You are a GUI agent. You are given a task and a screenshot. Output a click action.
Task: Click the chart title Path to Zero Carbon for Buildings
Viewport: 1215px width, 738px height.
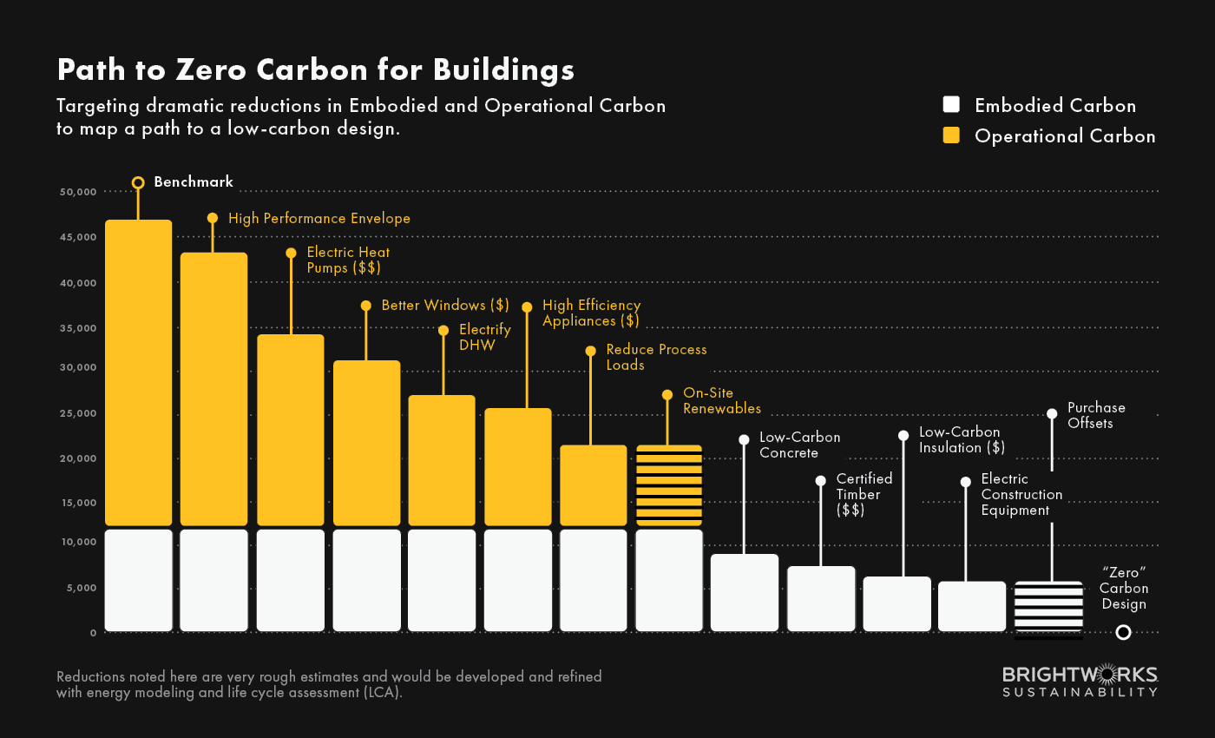point(315,69)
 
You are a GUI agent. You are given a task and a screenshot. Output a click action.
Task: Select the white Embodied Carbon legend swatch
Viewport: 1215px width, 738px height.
point(951,105)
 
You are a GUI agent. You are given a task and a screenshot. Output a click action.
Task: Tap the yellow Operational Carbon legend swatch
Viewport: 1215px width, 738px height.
point(951,135)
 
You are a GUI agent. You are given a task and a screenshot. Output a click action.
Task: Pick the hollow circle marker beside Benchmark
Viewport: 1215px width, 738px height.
point(138,182)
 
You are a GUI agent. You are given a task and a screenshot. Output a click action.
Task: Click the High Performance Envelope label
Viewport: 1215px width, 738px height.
point(319,219)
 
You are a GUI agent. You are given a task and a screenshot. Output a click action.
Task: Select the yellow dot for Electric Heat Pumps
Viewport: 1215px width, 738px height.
point(291,253)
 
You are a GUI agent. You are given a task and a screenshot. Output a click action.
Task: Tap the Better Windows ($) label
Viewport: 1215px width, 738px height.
point(444,306)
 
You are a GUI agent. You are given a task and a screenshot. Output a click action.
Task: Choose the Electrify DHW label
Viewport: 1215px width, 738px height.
point(484,337)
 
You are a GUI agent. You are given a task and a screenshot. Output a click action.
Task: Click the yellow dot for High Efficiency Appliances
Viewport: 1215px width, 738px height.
point(527,307)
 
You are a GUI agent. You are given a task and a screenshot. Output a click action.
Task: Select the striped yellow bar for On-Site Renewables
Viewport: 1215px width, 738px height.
point(668,485)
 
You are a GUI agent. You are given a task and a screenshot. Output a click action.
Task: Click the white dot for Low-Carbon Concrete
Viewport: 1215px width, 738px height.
point(744,439)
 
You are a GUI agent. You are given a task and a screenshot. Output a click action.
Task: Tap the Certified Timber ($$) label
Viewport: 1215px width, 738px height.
point(864,495)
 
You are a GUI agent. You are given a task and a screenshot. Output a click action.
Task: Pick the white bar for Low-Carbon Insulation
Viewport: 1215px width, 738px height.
point(896,604)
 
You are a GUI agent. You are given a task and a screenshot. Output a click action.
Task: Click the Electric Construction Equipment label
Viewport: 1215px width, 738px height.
point(1021,495)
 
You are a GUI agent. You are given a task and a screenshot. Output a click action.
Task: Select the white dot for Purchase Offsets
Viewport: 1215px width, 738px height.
point(1052,413)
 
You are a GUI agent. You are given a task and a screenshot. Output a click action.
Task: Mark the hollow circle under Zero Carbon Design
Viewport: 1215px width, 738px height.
point(1123,632)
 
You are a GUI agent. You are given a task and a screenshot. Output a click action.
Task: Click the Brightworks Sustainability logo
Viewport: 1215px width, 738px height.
point(1080,682)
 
